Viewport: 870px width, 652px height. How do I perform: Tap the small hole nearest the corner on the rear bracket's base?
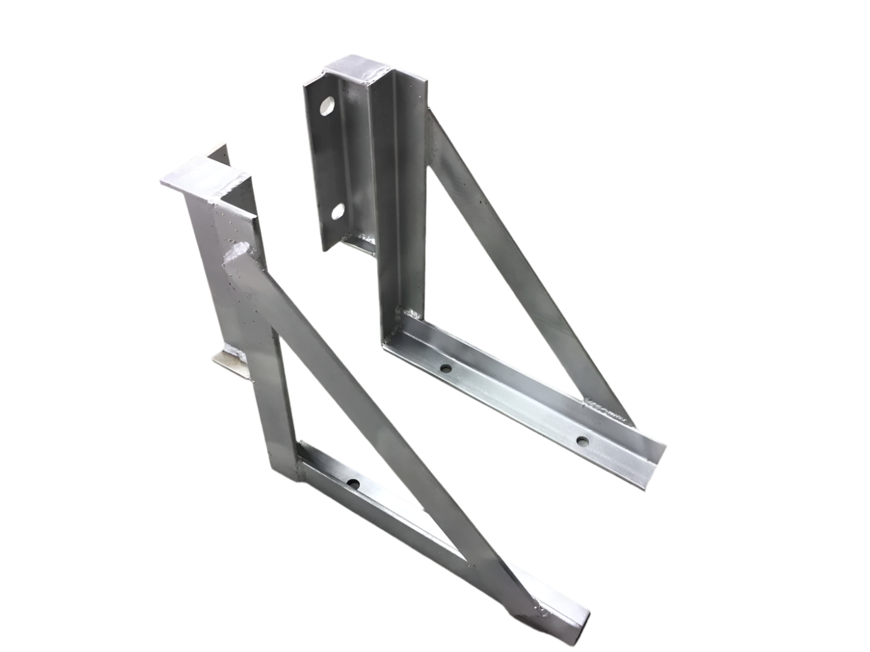coord(446,368)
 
